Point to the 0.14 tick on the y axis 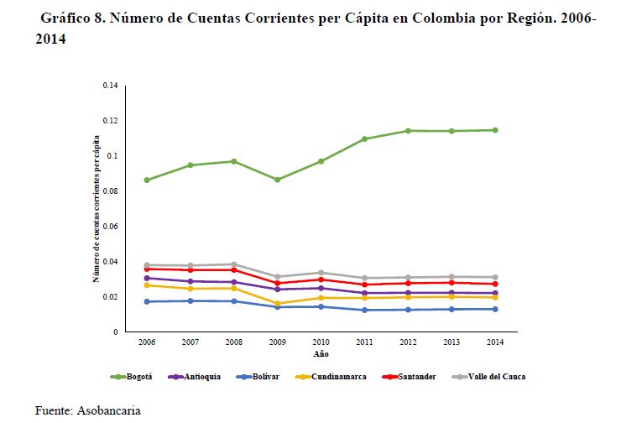click(110, 86)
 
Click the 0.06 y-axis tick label click(110, 227)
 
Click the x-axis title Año click(321, 354)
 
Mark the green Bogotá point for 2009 click(278, 180)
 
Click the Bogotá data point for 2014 click(495, 130)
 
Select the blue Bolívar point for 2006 click(147, 301)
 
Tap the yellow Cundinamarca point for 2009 click(278, 304)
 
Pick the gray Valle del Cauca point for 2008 click(234, 264)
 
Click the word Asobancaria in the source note click(116, 410)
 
